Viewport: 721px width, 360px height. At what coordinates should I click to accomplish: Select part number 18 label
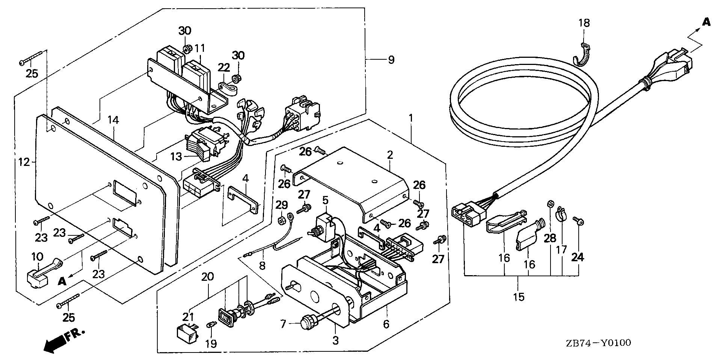coord(584,23)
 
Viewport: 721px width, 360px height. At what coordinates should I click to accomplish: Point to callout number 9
coord(391,60)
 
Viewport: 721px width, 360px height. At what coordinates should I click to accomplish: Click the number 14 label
coord(113,120)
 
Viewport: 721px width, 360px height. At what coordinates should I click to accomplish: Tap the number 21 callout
coord(189,318)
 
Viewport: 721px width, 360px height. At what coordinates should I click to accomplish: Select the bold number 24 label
coord(578,258)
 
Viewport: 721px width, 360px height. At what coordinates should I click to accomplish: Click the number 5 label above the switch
coord(325,200)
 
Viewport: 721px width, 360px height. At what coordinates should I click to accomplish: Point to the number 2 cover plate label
coord(390,155)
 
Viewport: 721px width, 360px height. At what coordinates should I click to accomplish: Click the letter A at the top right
coord(706,22)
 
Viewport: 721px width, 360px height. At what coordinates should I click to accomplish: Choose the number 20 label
coord(208,277)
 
